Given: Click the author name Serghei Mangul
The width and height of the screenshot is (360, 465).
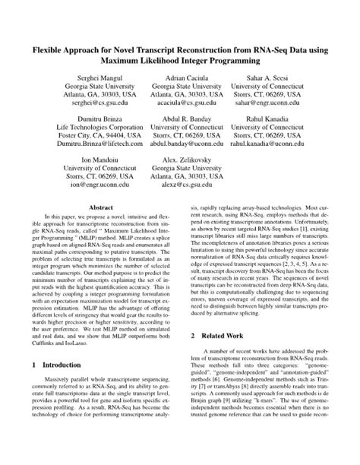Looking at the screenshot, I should pyautogui.click(x=95, y=79).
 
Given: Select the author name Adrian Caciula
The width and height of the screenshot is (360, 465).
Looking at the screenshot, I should pyautogui.click(x=181, y=79).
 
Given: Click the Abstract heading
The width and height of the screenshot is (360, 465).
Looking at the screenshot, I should pyautogui.click(x=101, y=207).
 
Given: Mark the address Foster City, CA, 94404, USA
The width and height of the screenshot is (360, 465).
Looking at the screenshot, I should pyautogui.click(x=95, y=130).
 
